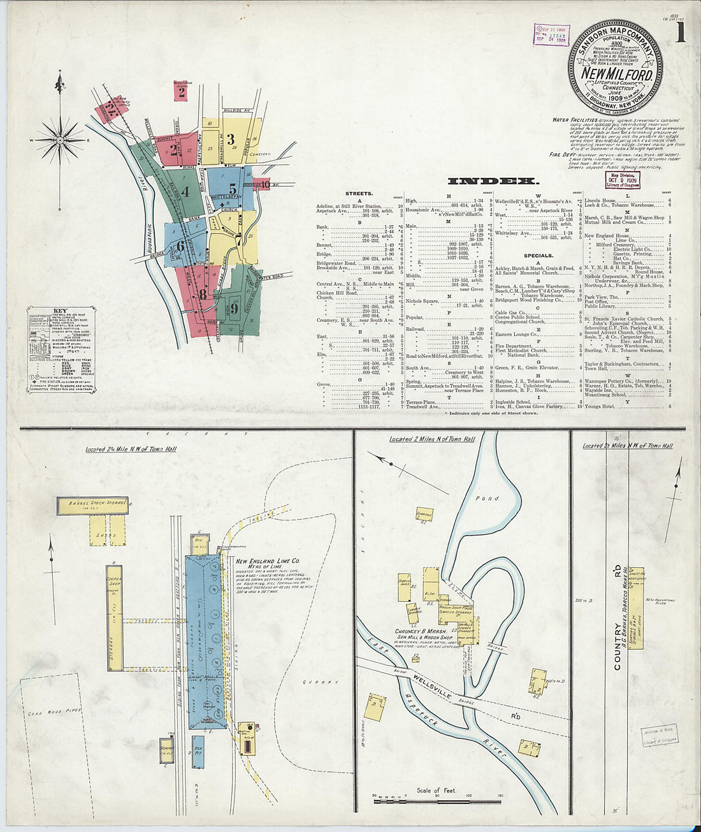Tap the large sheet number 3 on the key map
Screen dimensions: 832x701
click(231, 140)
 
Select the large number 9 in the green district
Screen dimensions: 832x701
click(235, 309)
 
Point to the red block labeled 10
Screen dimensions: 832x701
click(263, 185)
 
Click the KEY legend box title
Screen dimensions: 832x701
click(61, 311)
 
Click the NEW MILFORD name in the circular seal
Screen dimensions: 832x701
click(616, 74)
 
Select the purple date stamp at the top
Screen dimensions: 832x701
click(551, 34)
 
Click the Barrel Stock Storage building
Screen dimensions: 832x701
click(92, 506)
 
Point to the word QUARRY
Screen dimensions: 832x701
click(325, 682)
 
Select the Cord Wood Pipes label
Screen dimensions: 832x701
click(54, 711)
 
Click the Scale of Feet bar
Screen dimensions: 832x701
click(437, 800)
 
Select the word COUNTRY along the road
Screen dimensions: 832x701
click(618, 650)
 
